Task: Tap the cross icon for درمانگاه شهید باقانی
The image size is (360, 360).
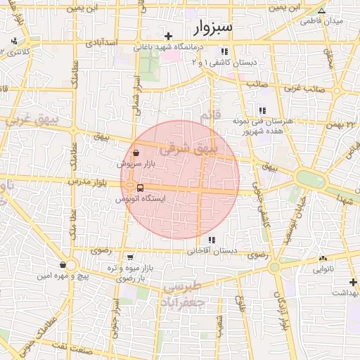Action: [x=168, y=35]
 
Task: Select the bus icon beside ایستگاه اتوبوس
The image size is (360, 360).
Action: [x=141, y=188]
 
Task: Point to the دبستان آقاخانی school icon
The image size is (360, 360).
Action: [x=212, y=240]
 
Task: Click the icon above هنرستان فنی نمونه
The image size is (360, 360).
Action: [x=262, y=110]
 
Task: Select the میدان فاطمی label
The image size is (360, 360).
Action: [x=321, y=21]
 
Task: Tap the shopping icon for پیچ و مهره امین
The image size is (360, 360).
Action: [x=64, y=265]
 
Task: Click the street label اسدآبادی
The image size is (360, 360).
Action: [x=101, y=44]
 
